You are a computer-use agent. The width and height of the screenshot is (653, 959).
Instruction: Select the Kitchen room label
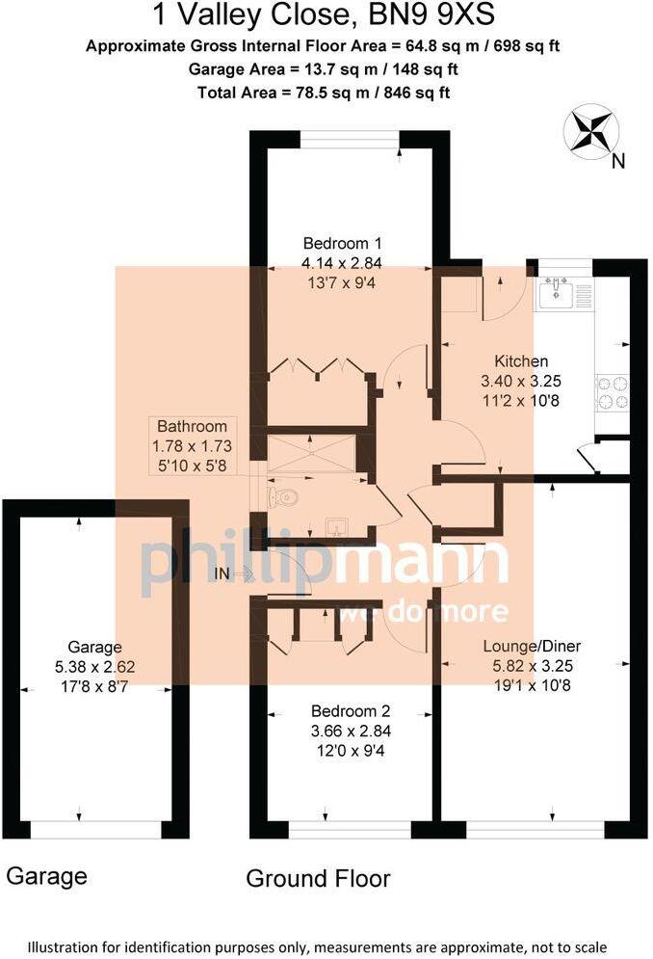point(521,361)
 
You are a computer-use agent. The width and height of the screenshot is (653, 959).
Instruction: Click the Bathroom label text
point(193,426)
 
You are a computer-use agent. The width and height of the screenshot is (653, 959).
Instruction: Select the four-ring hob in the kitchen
point(613,391)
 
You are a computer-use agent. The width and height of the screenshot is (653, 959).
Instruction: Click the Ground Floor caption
point(318,878)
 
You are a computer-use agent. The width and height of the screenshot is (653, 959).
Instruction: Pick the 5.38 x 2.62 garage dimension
point(94,665)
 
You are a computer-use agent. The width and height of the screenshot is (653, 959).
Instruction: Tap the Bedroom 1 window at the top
point(350,140)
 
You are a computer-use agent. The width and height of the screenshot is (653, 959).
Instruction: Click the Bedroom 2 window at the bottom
point(350,829)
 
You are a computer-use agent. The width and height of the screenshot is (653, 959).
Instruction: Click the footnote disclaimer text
point(326,946)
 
